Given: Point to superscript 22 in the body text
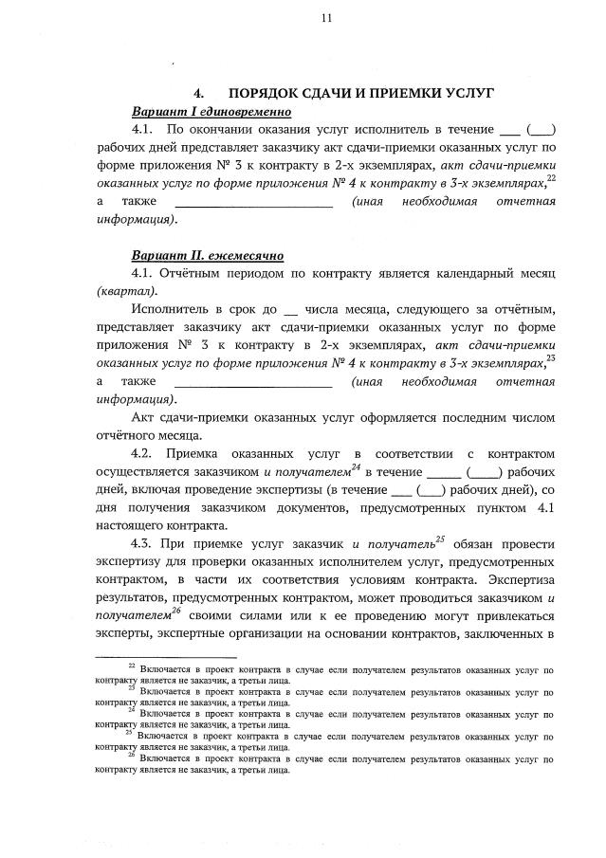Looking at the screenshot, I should click(551, 178).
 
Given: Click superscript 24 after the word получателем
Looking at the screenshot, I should click(355, 466).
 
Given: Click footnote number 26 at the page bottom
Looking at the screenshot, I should click(132, 755).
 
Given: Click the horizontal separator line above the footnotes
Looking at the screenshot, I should click(166, 655).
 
